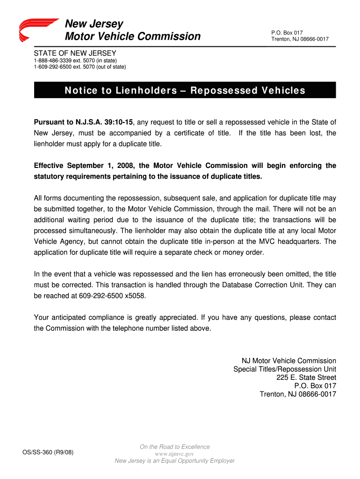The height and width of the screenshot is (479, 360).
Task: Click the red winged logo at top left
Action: point(38,30)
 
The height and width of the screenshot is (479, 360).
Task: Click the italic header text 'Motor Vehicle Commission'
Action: point(133,36)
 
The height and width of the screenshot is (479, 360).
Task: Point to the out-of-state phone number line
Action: point(79,67)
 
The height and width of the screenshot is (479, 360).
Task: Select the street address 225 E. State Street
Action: point(306,377)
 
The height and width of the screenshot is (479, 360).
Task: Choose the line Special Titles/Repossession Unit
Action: point(284,369)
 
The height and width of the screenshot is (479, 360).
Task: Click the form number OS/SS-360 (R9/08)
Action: point(48,452)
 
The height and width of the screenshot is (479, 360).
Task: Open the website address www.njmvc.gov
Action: point(174,454)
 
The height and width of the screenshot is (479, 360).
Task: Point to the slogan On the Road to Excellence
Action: point(174,447)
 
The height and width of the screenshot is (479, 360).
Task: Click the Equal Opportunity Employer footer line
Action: point(174,461)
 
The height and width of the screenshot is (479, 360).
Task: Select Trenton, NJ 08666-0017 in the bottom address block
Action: point(298,394)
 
